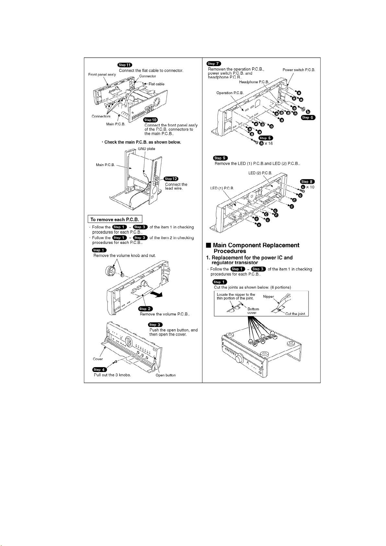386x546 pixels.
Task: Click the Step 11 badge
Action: click(x=125, y=65)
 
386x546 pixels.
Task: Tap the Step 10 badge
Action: click(x=150, y=120)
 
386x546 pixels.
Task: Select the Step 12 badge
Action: click(x=171, y=179)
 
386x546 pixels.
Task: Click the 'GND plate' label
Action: click(x=146, y=149)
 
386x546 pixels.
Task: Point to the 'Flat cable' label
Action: click(x=156, y=84)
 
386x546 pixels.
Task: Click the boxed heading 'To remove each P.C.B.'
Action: click(x=115, y=219)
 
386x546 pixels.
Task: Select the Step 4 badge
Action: click(x=99, y=369)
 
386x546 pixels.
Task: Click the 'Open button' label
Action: click(x=166, y=375)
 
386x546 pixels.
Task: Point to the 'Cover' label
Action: click(x=98, y=359)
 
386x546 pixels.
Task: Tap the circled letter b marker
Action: click(x=308, y=112)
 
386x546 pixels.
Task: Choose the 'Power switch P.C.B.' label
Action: click(x=298, y=70)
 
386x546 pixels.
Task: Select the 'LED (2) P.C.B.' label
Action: click(x=260, y=173)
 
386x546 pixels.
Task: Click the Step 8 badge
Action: click(x=307, y=181)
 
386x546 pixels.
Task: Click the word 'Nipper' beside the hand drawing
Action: click(x=268, y=296)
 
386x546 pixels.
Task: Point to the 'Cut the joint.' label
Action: click(x=295, y=314)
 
